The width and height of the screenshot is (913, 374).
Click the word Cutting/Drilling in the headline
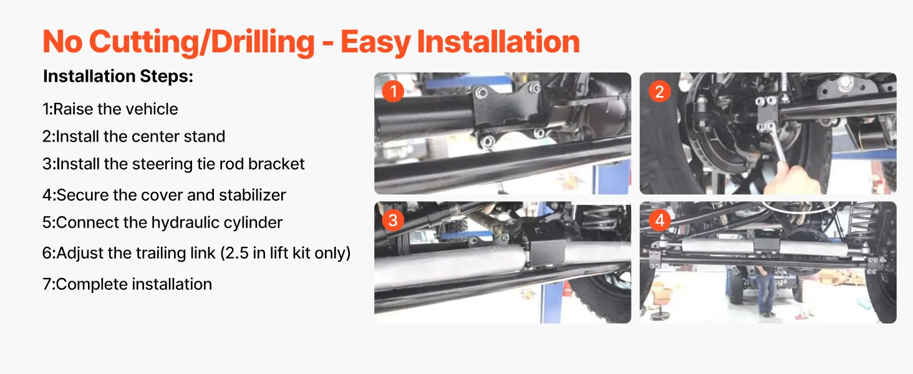click(x=202, y=42)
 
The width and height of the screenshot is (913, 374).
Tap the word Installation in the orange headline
click(x=498, y=42)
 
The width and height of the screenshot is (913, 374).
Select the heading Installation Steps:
click(x=118, y=76)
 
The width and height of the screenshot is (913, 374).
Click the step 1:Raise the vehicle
click(x=110, y=109)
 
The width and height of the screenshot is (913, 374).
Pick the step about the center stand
click(x=133, y=137)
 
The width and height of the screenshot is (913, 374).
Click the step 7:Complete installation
click(x=127, y=284)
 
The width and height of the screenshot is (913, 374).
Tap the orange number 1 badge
click(x=393, y=91)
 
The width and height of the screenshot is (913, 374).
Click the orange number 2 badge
click(x=659, y=91)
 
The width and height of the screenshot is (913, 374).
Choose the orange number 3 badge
click(x=393, y=221)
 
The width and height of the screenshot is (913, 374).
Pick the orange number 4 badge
click(x=659, y=221)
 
